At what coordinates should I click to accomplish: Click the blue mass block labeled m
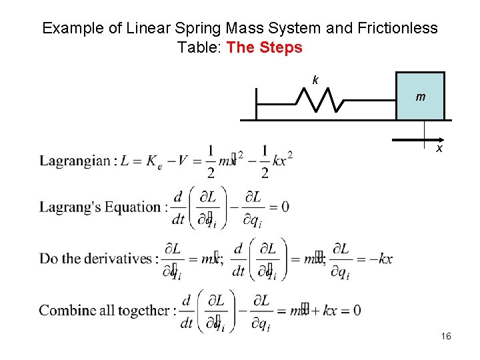click(x=421, y=96)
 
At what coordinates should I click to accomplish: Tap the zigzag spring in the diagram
click(x=319, y=100)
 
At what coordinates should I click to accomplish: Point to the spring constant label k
click(x=315, y=81)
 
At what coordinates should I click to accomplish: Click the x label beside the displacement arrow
click(x=439, y=149)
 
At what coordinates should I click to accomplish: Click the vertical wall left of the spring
click(x=257, y=103)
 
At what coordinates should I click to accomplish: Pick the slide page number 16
click(x=446, y=337)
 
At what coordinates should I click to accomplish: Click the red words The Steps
click(x=264, y=47)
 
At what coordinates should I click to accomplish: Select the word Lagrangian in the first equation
click(x=76, y=161)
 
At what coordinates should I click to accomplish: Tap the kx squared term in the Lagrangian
click(x=283, y=160)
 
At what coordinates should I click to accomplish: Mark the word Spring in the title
click(x=178, y=28)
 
